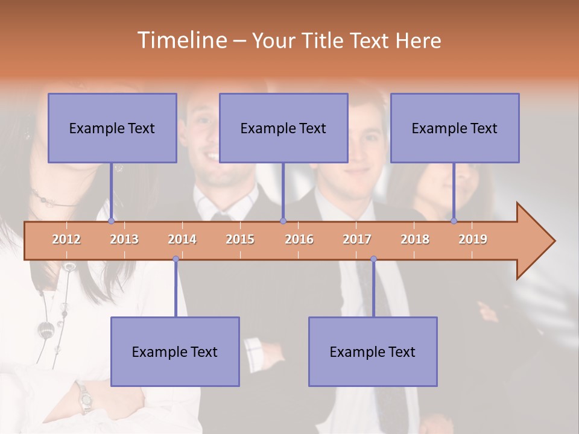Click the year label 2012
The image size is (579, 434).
66,239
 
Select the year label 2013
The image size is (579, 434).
124,239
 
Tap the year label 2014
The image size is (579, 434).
182,239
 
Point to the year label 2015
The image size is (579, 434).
240,239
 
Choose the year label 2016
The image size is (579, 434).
299,239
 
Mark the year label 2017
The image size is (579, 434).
357,239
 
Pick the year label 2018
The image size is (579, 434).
415,239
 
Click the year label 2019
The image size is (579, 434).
473,239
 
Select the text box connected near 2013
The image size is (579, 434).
112,128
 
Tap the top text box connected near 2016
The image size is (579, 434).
283,128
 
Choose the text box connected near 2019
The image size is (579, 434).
455,128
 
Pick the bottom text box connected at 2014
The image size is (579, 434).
175,351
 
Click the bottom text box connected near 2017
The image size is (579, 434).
373,351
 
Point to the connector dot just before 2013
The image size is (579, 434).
111,221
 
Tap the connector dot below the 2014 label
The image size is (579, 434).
176,259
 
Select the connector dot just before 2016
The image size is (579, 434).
283,221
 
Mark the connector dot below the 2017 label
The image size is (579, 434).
373,259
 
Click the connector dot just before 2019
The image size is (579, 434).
454,221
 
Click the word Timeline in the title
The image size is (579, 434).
181,40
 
